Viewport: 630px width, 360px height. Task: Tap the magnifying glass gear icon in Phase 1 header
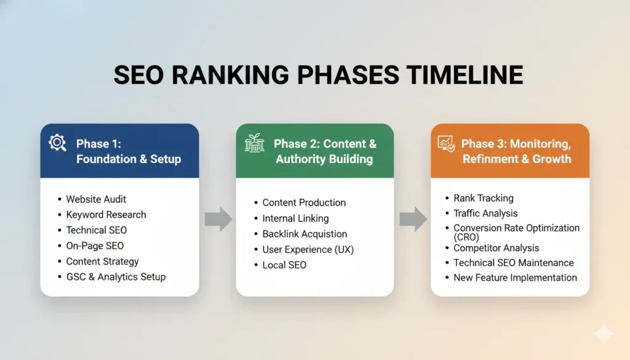(x=58, y=143)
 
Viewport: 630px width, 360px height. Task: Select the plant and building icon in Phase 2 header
(x=254, y=143)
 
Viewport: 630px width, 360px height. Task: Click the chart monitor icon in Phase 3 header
(x=446, y=143)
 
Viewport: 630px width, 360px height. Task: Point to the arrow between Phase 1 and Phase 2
(x=218, y=218)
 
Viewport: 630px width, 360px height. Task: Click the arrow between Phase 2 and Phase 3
(x=413, y=218)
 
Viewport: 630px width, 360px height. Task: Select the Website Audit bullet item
(x=97, y=199)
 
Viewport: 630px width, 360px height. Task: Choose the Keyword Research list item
(x=106, y=215)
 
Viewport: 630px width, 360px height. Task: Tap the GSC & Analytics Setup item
(x=116, y=277)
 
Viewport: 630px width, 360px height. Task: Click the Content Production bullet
(x=304, y=202)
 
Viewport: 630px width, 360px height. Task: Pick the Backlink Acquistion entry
(x=305, y=234)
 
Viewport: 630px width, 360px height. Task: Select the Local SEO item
(x=284, y=265)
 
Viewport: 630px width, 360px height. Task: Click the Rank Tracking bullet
(x=483, y=198)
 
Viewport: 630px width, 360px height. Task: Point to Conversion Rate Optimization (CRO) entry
(x=516, y=232)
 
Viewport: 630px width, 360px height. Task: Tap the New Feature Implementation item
(x=515, y=278)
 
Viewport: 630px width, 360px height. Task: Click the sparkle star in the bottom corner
(x=604, y=334)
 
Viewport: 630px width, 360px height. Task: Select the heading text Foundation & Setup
(x=129, y=159)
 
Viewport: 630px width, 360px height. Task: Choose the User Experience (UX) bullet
(x=308, y=250)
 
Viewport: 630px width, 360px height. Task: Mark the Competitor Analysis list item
(x=496, y=248)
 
